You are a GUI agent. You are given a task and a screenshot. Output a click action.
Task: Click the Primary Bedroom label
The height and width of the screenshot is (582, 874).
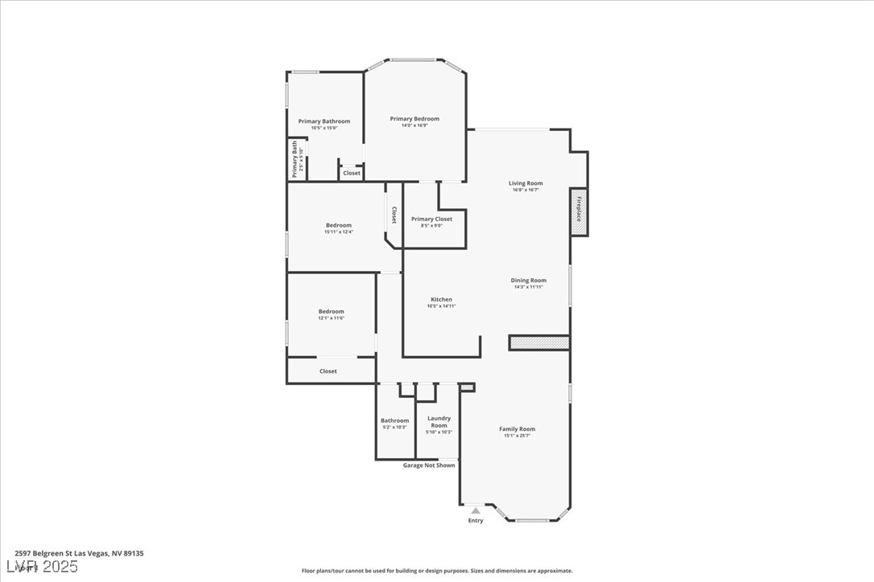[414, 119]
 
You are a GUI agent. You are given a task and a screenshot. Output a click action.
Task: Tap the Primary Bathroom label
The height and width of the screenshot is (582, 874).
[324, 121]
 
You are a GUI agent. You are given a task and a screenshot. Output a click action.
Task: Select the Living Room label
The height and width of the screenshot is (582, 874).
[526, 183]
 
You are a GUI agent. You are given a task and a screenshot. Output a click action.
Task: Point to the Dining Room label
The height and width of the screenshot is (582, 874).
[529, 281]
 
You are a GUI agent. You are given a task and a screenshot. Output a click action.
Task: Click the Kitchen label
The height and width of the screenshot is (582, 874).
[441, 300]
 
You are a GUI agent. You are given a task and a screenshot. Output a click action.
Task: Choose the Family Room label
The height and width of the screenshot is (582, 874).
[517, 429]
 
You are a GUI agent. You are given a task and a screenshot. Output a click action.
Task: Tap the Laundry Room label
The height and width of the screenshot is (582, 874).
[439, 422]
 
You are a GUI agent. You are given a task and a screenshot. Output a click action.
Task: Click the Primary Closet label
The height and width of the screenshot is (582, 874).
[431, 219]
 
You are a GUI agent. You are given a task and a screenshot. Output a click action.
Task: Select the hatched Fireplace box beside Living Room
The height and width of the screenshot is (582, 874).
[578, 212]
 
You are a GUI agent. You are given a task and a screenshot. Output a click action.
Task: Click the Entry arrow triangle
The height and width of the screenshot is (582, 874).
[476, 510]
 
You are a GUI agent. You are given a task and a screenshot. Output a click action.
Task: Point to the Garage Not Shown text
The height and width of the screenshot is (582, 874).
[429, 465]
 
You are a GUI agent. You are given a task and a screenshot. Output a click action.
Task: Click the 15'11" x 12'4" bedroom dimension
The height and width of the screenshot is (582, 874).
[338, 232]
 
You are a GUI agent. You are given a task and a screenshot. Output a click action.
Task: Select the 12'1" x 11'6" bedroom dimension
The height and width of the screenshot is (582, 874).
[331, 318]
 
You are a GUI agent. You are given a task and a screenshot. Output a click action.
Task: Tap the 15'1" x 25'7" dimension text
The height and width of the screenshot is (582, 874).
[517, 436]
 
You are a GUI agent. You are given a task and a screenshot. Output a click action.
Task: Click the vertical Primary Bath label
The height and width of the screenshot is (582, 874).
[295, 159]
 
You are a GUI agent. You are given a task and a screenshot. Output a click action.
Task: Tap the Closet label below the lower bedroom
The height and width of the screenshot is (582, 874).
[328, 371]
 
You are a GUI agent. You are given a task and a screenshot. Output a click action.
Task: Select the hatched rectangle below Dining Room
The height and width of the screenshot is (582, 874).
[539, 343]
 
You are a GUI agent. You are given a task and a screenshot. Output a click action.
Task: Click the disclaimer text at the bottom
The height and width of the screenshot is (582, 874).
[437, 571]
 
